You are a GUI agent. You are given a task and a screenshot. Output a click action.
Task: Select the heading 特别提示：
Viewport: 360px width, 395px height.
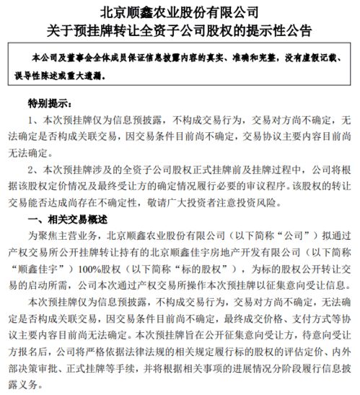point(52,103)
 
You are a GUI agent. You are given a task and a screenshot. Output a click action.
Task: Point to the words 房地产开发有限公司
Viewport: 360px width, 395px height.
point(232,251)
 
